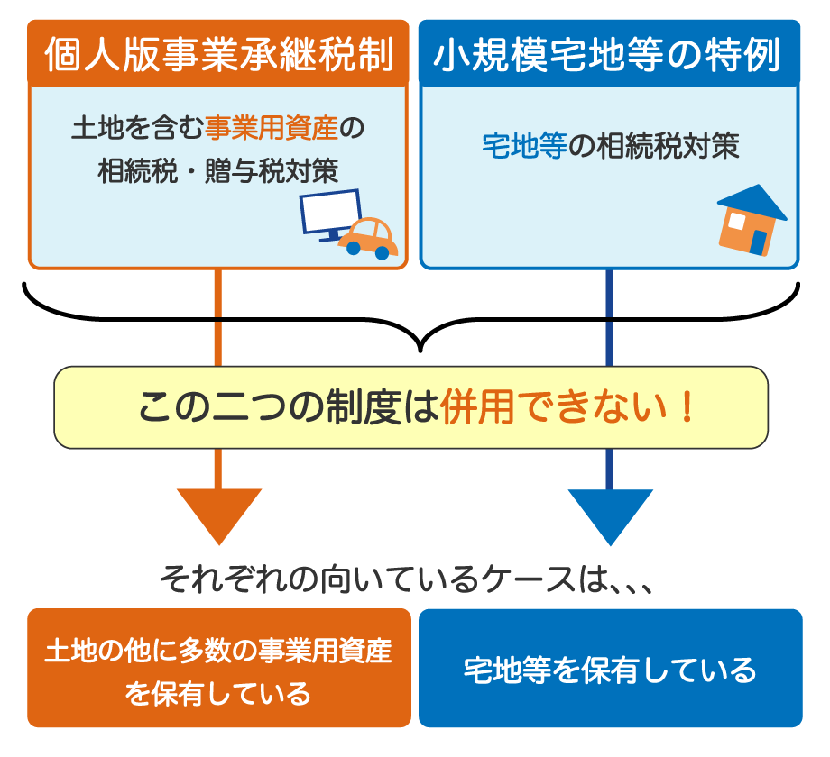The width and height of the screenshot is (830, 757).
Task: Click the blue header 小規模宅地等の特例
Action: click(x=609, y=55)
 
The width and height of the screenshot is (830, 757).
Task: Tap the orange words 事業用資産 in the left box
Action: click(x=271, y=129)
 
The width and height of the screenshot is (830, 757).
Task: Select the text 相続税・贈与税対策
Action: click(x=217, y=171)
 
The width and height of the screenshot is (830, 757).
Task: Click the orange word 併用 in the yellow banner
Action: click(x=477, y=408)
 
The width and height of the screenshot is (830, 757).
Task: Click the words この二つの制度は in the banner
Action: click(x=289, y=408)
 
